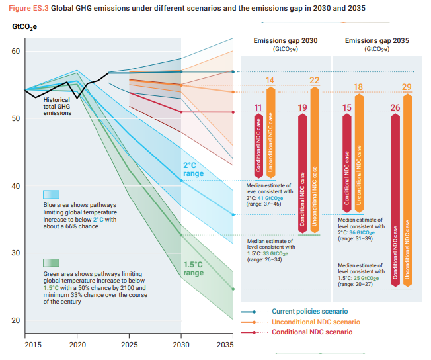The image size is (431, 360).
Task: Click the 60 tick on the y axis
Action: pyautogui.click(x=17, y=52)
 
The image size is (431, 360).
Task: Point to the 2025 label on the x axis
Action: pyautogui.click(x=130, y=345)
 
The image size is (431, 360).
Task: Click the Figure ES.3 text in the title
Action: pyautogui.click(x=26, y=7)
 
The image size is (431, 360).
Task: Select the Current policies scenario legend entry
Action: pyautogui.click(x=310, y=311)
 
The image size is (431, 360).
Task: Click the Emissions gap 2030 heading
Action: pyautogui.click(x=285, y=41)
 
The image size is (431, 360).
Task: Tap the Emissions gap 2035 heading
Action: pyautogui.click(x=377, y=41)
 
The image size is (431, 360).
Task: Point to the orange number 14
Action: pyautogui.click(x=270, y=81)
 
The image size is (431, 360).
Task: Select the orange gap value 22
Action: pyautogui.click(x=314, y=81)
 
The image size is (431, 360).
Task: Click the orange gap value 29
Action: pyautogui.click(x=407, y=87)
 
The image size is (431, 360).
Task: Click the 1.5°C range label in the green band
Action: pyautogui.click(x=193, y=268)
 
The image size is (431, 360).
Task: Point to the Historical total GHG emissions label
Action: pyautogui.click(x=61, y=107)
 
